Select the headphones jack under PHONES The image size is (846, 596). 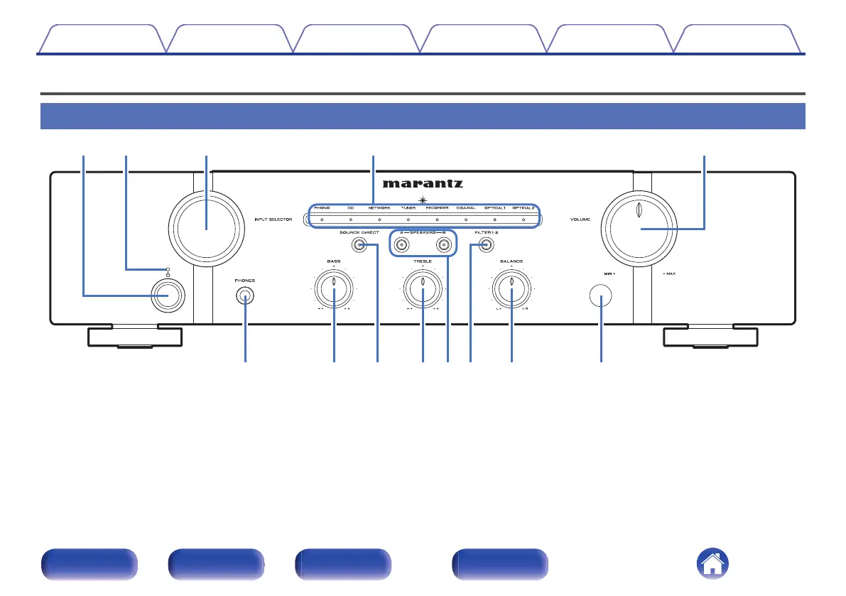(245, 298)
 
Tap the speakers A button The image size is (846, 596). (402, 245)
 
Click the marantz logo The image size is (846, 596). (423, 183)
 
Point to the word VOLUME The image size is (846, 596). (580, 220)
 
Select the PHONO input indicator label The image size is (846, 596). (322, 208)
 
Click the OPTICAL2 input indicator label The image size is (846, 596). (524, 208)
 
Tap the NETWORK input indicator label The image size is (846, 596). (379, 208)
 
